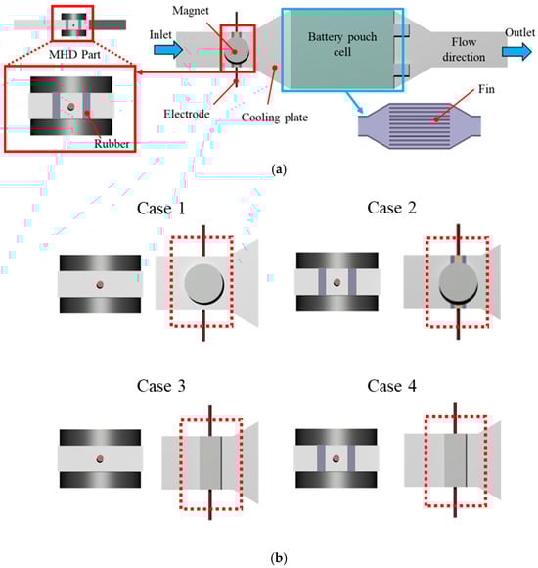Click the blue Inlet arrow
click(168, 49)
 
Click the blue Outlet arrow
click(516, 51)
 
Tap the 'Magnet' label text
click(191, 11)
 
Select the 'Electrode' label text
click(187, 114)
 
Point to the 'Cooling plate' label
click(275, 118)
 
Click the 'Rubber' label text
click(112, 144)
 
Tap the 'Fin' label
click(486, 89)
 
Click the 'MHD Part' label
click(74, 54)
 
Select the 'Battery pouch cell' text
click(342, 44)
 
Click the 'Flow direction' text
click(464, 49)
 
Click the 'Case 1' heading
click(161, 209)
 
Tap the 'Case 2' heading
click(391, 208)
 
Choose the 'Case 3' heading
click(161, 386)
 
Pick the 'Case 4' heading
click(391, 386)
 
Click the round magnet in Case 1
click(204, 284)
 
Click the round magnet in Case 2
click(458, 282)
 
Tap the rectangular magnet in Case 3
click(210, 462)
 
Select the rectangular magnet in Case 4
click(456, 460)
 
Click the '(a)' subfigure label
click(279, 169)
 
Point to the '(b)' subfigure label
click(279, 557)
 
